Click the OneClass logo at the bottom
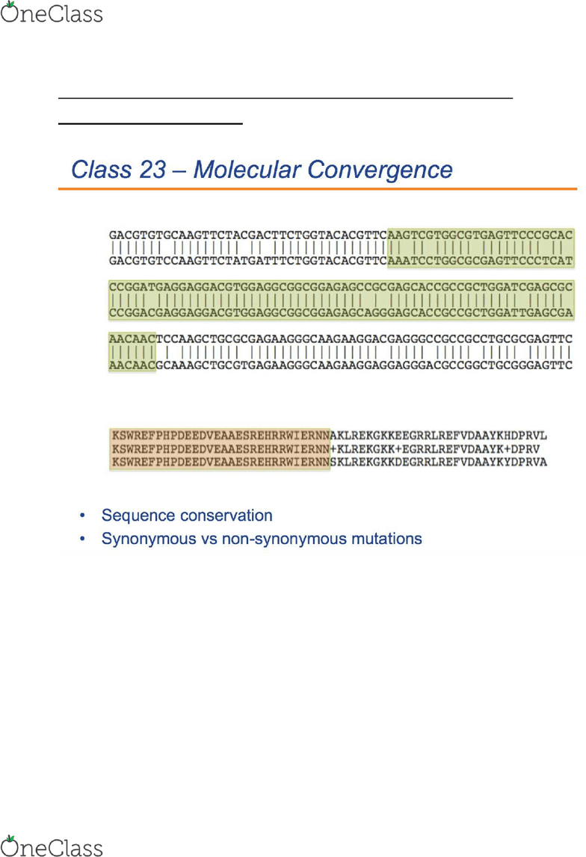tap(52, 846)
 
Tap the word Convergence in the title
tap(380, 170)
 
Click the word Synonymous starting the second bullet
tap(149, 539)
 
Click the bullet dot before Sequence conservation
tap(82, 516)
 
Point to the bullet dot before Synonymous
tap(82, 539)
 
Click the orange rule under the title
tap(318, 188)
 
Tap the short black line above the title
tap(150, 123)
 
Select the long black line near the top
tap(286, 98)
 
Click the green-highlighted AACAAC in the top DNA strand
tap(132, 339)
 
